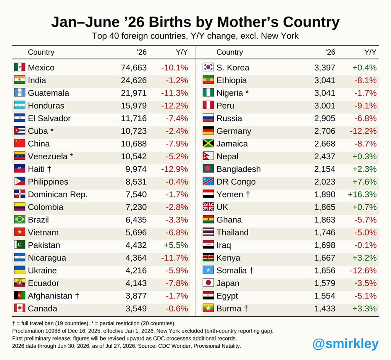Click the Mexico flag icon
tap(20, 67)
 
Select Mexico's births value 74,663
tap(134, 68)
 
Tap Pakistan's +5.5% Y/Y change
tap(176, 245)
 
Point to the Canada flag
tap(20, 308)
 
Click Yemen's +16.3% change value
tap(362, 195)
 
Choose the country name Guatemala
tap(48, 93)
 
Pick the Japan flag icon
tap(208, 283)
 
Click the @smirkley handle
tap(345, 344)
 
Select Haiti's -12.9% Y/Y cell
tap(174, 169)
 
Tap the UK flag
tap(208, 207)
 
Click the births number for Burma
tap(325, 308)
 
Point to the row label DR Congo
tap(236, 182)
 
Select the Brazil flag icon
tap(20, 219)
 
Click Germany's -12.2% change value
tap(363, 131)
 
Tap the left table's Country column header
tap(41, 52)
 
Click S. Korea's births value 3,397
tap(325, 68)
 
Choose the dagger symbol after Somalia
tap(251, 270)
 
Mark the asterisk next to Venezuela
tap(71, 155)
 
